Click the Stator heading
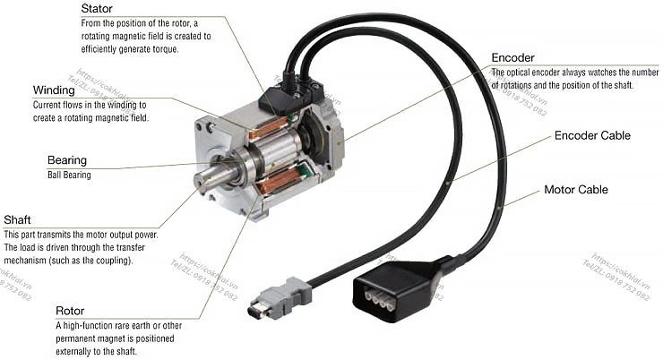[x=97, y=8]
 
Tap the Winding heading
[x=54, y=90]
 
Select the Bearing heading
[x=67, y=160]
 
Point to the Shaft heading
[x=17, y=219]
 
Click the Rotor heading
[x=70, y=311]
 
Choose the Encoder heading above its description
[x=512, y=58]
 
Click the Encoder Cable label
[x=592, y=135]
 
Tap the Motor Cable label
[x=576, y=189]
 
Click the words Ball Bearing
[x=69, y=175]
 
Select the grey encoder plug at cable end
[x=279, y=298]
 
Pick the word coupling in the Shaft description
[x=113, y=261]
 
